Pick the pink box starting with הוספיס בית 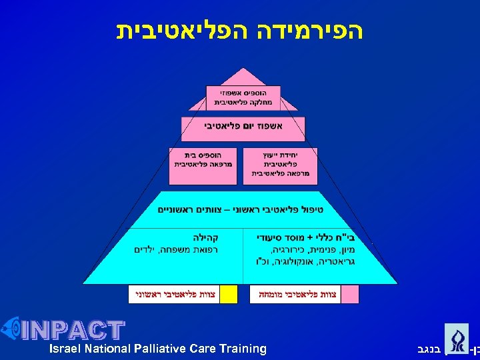tap(203, 162)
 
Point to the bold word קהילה tap(205, 237)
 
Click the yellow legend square tap(229, 294)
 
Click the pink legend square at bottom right tap(350, 294)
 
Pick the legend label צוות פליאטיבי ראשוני tap(174, 294)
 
